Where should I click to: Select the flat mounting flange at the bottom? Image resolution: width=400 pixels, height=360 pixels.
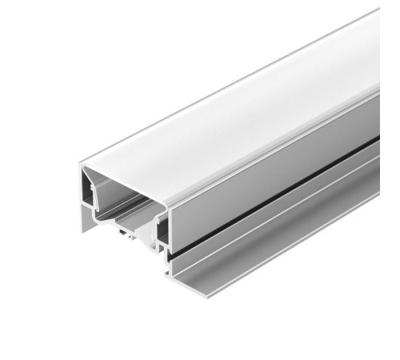point(264,240)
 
